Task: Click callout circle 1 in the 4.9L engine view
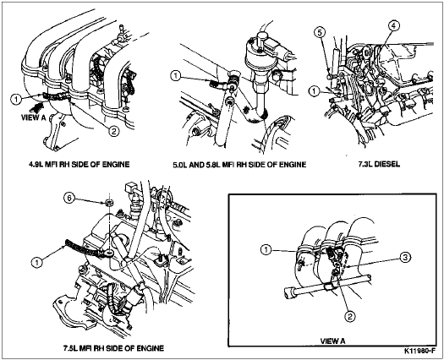16,99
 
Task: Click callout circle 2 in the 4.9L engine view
112,131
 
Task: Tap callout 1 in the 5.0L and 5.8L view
176,76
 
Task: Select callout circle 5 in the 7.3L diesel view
320,33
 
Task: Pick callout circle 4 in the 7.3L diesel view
393,25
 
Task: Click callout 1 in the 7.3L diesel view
314,91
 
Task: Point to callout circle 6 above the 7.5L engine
69,198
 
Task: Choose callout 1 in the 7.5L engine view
36,262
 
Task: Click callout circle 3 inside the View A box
405,257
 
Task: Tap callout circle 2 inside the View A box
349,316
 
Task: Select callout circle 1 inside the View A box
266,250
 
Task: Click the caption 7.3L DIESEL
379,164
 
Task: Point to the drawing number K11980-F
419,352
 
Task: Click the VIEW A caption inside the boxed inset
332,341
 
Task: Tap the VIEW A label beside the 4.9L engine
34,117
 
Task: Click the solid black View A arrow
36,107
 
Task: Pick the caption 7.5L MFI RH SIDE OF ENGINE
113,348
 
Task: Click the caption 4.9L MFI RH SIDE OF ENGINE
79,164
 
